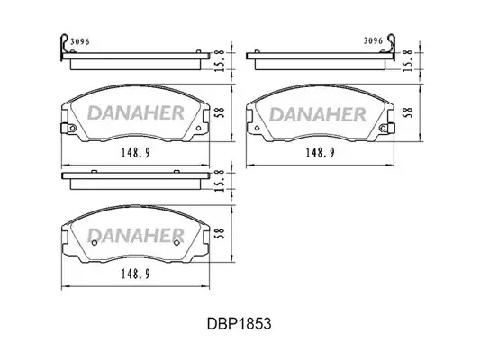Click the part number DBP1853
pyautogui.click(x=239, y=323)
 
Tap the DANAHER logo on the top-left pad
pyautogui.click(x=136, y=112)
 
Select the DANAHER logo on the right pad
pyautogui.click(x=318, y=114)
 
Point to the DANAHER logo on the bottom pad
pyautogui.click(x=136, y=235)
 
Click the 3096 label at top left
pyautogui.click(x=80, y=41)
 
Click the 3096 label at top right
pyautogui.click(x=373, y=41)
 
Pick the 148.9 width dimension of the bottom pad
pyautogui.click(x=136, y=274)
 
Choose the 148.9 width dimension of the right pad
pyautogui.click(x=321, y=152)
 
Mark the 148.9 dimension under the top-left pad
pyautogui.click(x=136, y=152)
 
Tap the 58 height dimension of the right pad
pyautogui.click(x=408, y=112)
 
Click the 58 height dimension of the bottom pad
pyautogui.click(x=221, y=234)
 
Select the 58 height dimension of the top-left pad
pyautogui.click(x=221, y=112)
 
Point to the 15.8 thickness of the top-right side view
pyautogui.click(x=408, y=61)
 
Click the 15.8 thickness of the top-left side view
pyautogui.click(x=220, y=61)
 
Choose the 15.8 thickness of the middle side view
pyautogui.click(x=220, y=181)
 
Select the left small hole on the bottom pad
pyautogui.click(x=95, y=243)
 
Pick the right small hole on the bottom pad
pyautogui.click(x=177, y=243)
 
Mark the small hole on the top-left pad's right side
pyautogui.click(x=198, y=128)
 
